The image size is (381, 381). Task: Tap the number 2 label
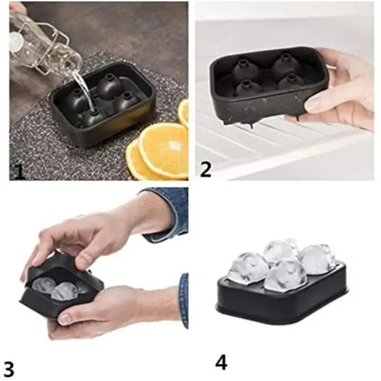[205, 170]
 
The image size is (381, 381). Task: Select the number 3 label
[9, 368]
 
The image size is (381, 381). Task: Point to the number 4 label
[221, 362]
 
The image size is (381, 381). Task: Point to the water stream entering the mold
[82, 88]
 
